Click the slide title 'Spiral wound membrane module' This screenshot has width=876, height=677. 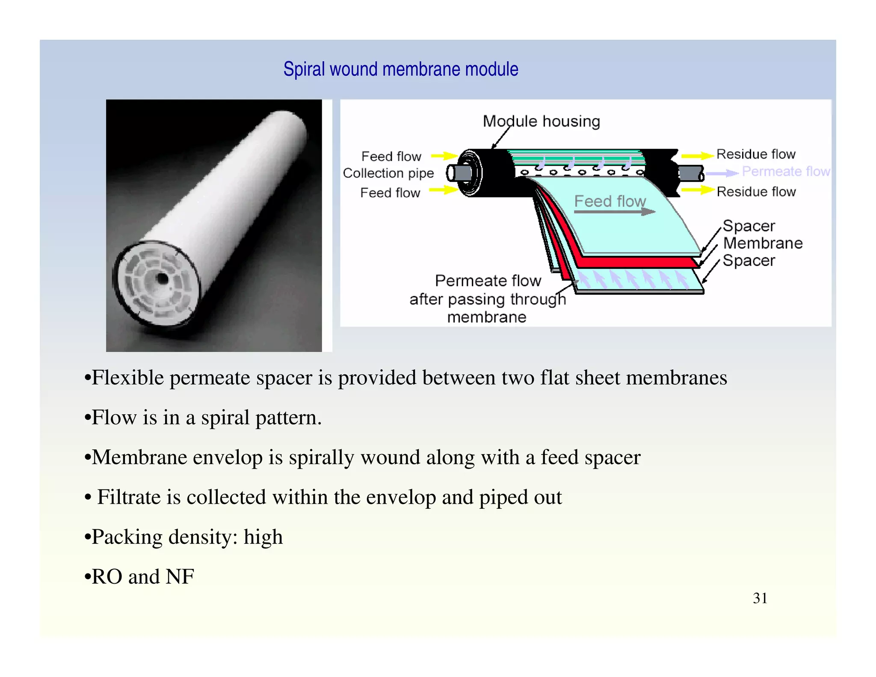tap(401, 69)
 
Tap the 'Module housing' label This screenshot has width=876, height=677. tap(541, 121)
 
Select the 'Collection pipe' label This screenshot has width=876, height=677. tap(388, 173)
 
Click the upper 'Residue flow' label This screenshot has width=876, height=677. tap(756, 154)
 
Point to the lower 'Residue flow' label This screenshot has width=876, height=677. tap(756, 192)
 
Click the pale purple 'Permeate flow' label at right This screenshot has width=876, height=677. tap(786, 172)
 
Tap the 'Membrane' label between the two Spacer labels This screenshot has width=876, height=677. tap(763, 243)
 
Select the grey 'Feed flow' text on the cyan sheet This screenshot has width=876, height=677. tap(610, 201)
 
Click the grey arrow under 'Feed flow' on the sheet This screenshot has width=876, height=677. tap(614, 211)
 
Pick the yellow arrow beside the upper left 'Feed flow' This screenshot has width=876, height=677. tap(444, 156)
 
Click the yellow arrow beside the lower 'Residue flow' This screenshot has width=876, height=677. tap(698, 190)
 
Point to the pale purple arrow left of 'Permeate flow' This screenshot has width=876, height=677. tap(722, 173)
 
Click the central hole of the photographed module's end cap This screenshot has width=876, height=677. tap(163, 279)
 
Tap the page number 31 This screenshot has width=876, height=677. tap(760, 598)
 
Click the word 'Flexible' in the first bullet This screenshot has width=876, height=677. tap(128, 378)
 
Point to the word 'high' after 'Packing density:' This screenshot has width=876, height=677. tap(263, 537)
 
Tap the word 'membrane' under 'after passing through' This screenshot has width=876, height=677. tap(487, 318)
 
